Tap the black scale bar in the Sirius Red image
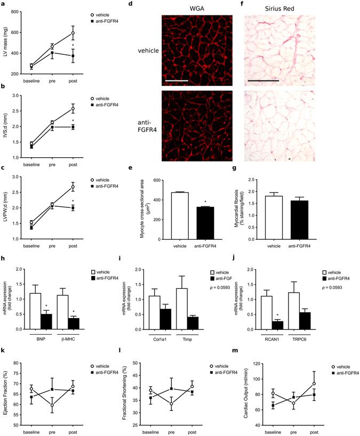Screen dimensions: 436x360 coord(263,81)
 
